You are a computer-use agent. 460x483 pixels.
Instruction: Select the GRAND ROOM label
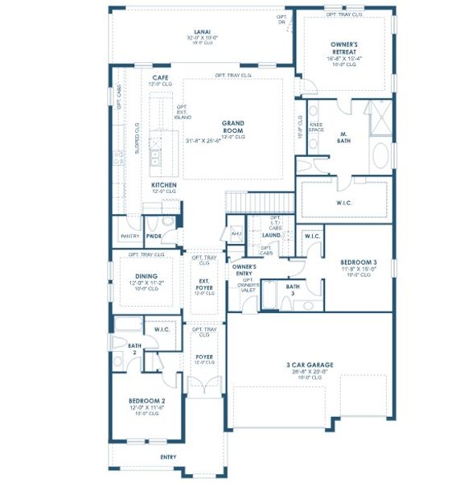233,127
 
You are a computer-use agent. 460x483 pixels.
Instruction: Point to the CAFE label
159,77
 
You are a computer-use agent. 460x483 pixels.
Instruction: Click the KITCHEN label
164,185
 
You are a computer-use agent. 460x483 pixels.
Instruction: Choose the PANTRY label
129,237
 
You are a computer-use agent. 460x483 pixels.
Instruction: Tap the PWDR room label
154,237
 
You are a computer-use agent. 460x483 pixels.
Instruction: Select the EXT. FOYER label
204,283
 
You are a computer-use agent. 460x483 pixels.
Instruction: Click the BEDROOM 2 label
146,401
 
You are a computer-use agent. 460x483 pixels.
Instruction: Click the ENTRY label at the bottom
168,456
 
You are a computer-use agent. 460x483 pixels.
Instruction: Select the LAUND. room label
271,235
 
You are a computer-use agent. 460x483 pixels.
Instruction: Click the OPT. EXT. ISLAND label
183,111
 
